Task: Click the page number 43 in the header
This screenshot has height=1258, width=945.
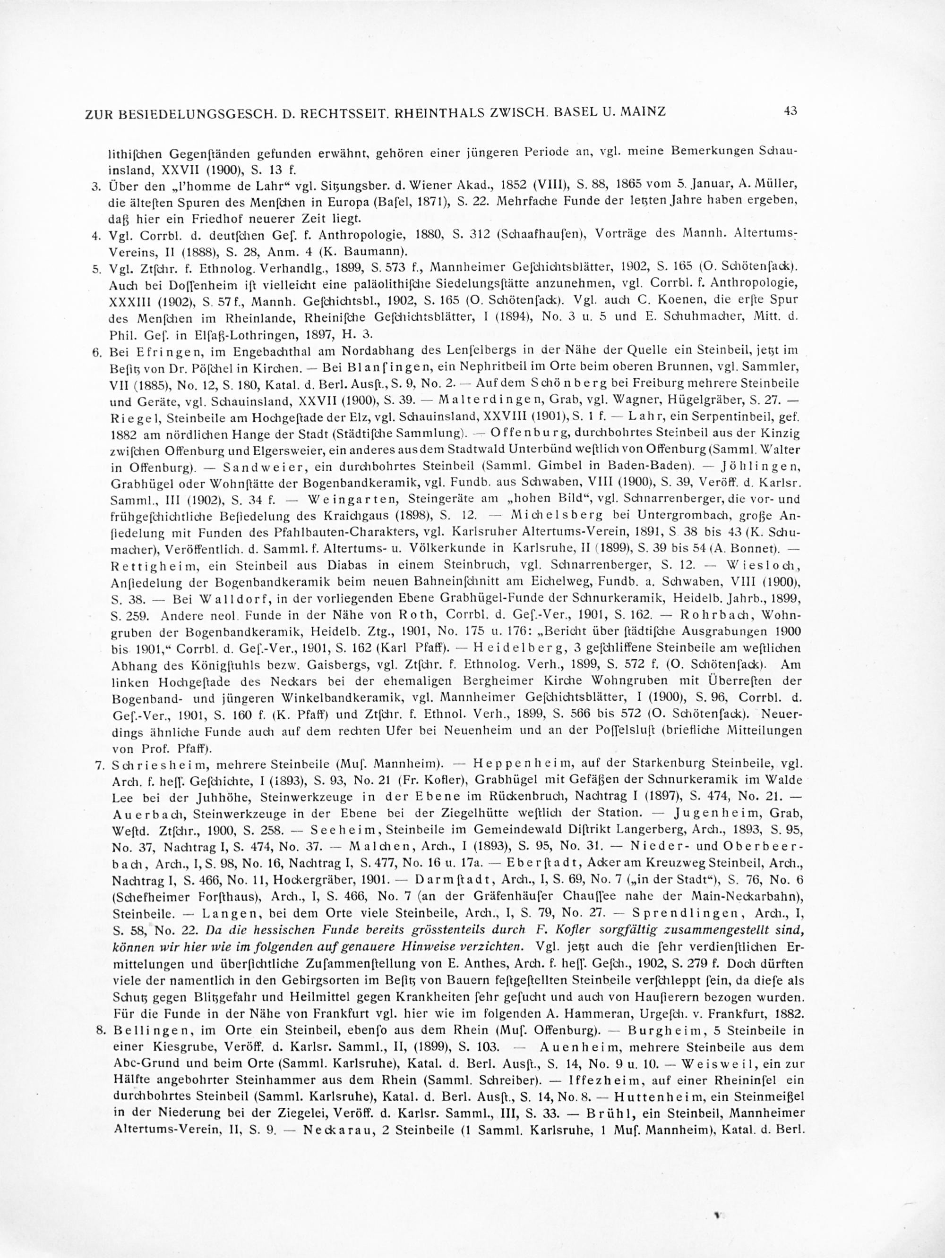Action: click(790, 111)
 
